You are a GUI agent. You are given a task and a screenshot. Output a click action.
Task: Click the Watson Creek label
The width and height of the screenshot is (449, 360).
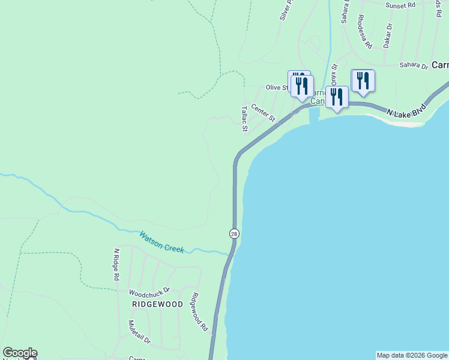(162, 242)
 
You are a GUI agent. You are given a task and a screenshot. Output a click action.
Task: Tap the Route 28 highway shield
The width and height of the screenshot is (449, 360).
(234, 233)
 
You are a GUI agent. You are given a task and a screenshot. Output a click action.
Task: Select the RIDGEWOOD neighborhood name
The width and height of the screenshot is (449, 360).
(157, 305)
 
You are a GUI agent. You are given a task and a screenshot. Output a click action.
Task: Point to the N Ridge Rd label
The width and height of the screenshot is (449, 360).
(116, 265)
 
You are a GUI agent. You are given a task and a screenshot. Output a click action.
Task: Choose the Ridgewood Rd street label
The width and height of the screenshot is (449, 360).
(199, 312)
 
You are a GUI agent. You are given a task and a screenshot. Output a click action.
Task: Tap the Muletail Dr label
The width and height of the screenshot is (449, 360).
(139, 332)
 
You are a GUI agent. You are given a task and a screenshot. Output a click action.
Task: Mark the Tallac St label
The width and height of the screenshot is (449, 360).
(244, 119)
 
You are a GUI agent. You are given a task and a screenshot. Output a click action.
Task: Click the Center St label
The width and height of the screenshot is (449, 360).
(263, 112)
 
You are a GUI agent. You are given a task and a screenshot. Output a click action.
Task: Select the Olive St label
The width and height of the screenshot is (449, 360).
(277, 88)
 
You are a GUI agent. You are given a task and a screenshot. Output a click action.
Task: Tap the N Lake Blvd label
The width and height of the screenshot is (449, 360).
(406, 111)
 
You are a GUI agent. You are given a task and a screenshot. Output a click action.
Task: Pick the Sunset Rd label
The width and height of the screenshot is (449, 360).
(400, 5)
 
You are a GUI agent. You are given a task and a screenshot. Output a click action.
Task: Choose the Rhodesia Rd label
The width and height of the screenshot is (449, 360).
(364, 32)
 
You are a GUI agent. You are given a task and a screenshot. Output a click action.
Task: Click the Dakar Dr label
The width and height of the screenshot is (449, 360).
(388, 35)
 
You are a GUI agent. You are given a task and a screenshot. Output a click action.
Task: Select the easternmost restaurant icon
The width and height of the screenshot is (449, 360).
(363, 80)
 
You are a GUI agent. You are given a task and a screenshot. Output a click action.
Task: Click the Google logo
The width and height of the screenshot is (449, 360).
(20, 353)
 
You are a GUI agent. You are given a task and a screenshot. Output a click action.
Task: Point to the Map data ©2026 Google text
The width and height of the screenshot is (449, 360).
(412, 355)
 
